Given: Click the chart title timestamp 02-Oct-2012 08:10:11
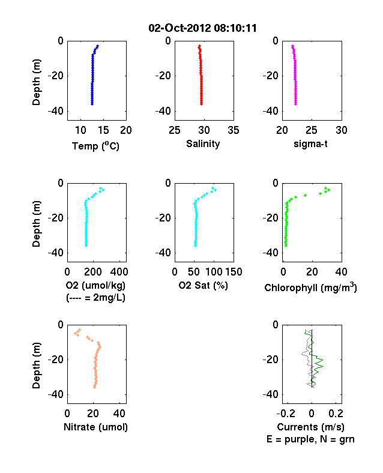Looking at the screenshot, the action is coord(203,28).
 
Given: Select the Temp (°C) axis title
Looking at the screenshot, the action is coord(95,146).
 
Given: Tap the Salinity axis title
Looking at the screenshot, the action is coord(203,143).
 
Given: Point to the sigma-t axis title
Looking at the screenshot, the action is coord(310,144).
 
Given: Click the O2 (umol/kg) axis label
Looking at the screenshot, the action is coord(95,285).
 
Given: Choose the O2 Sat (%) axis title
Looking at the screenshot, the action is coord(204,285).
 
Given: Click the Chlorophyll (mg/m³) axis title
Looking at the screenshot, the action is coord(310,287).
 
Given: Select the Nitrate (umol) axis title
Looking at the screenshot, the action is coord(95,427).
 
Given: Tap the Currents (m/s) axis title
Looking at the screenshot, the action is coord(310,427).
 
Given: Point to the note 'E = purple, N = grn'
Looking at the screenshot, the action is coord(310,439).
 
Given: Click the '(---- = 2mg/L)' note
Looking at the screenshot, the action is coord(95,298).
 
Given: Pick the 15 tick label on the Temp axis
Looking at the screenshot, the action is coord(103,130).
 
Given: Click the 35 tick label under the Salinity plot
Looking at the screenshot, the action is coord(234,130).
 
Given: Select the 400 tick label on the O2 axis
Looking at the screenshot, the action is coord(119,272).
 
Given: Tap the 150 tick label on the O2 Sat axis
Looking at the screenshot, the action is coord(234,272).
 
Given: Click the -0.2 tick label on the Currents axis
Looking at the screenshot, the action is coord(286,414).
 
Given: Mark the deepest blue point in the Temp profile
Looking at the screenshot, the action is coord(92,104).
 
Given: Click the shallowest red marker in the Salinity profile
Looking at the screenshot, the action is coord(199,46).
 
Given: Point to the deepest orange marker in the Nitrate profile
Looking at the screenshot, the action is coord(94,387).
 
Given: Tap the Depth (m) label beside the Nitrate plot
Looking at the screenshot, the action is coord(36,366).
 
